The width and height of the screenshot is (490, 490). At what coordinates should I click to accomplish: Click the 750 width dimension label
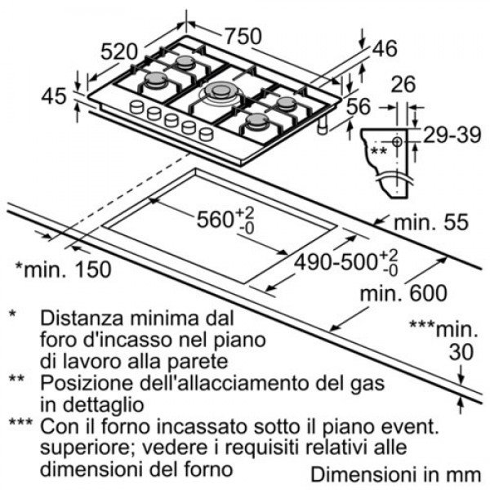click(x=243, y=36)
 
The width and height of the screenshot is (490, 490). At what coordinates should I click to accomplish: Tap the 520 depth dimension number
click(x=119, y=52)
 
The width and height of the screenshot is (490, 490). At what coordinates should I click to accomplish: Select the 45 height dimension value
click(x=54, y=96)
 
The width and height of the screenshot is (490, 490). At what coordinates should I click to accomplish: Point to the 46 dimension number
click(x=385, y=48)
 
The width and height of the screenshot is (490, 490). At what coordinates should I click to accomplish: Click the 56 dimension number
click(x=359, y=106)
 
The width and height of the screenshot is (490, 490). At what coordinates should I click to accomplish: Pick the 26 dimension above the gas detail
click(x=403, y=84)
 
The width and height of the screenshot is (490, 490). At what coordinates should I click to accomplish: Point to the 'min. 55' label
click(x=431, y=222)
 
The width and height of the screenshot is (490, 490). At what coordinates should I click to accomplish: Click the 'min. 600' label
click(x=403, y=293)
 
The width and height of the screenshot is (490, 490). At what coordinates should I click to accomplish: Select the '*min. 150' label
click(x=63, y=269)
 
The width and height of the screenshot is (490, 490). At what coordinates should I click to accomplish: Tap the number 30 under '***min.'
click(x=461, y=352)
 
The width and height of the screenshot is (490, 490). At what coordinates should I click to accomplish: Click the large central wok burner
click(x=221, y=91)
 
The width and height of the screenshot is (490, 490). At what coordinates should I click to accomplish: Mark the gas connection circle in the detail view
click(x=397, y=142)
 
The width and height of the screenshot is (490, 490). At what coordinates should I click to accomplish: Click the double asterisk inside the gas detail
click(x=378, y=151)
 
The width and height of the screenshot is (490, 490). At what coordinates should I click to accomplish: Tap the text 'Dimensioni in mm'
click(x=395, y=474)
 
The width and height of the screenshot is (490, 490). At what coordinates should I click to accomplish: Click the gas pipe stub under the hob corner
click(x=323, y=126)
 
